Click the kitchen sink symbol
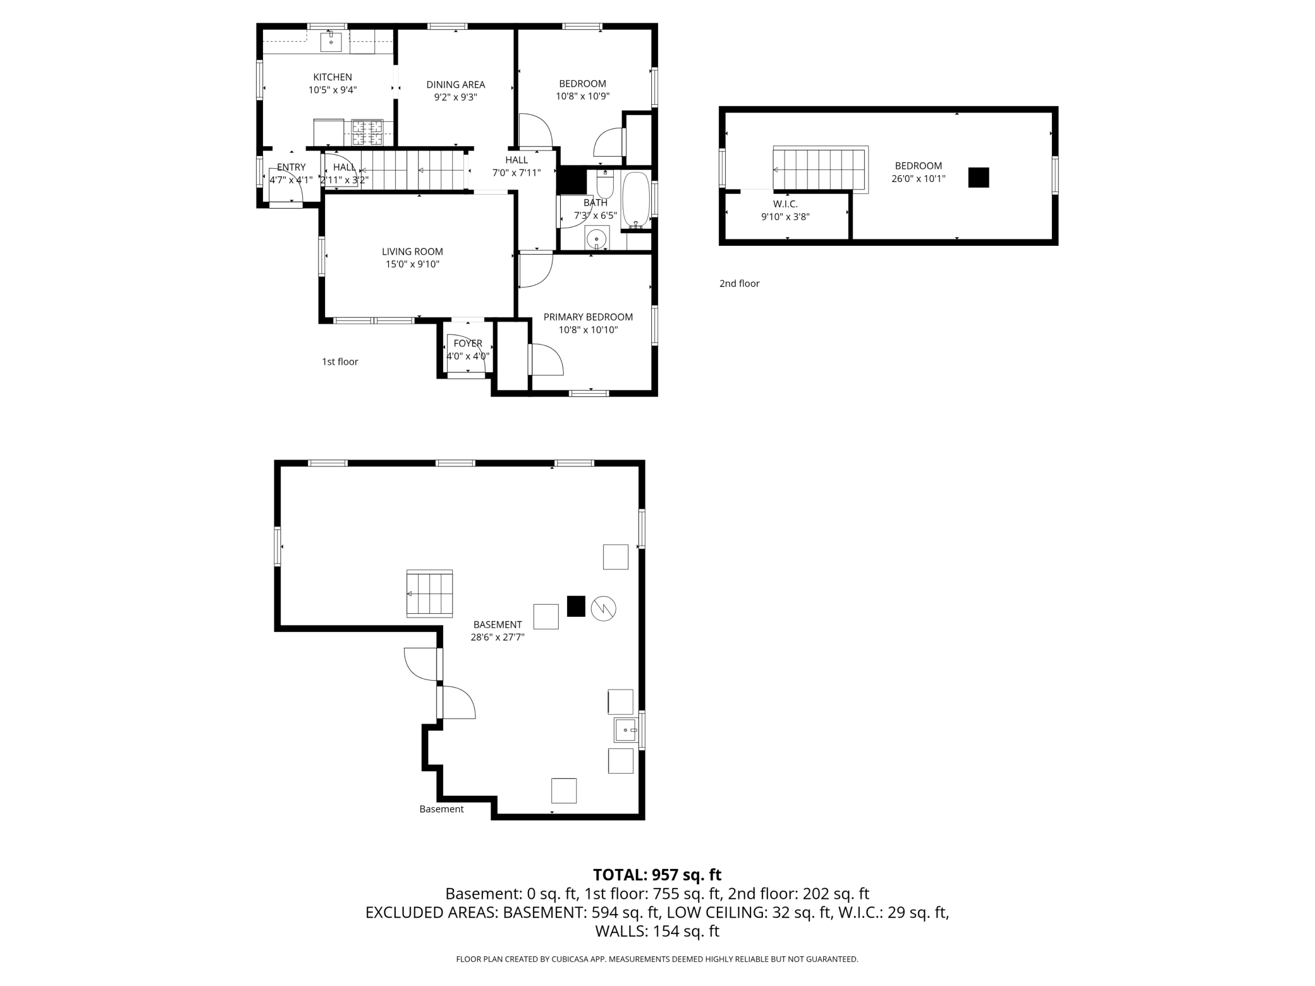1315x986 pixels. point(331,42)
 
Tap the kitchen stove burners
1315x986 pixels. point(367,132)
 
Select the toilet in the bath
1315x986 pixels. point(605,184)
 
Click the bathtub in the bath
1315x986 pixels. point(635,200)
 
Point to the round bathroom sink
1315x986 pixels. point(596,239)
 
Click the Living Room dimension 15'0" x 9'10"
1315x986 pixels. point(412,264)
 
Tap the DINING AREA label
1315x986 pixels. point(455,84)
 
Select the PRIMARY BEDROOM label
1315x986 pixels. point(588,317)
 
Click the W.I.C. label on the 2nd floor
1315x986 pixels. point(785,204)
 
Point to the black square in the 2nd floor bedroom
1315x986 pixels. point(978,178)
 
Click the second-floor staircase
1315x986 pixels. point(819,169)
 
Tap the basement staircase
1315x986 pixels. point(429,593)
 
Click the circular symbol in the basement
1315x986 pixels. point(603,608)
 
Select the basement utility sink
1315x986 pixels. point(626,730)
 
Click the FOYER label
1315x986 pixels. point(468,343)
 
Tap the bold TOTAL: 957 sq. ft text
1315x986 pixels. point(657,875)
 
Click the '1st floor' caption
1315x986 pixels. point(339,362)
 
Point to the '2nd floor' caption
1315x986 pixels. point(739,283)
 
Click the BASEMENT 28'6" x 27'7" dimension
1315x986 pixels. point(498,637)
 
